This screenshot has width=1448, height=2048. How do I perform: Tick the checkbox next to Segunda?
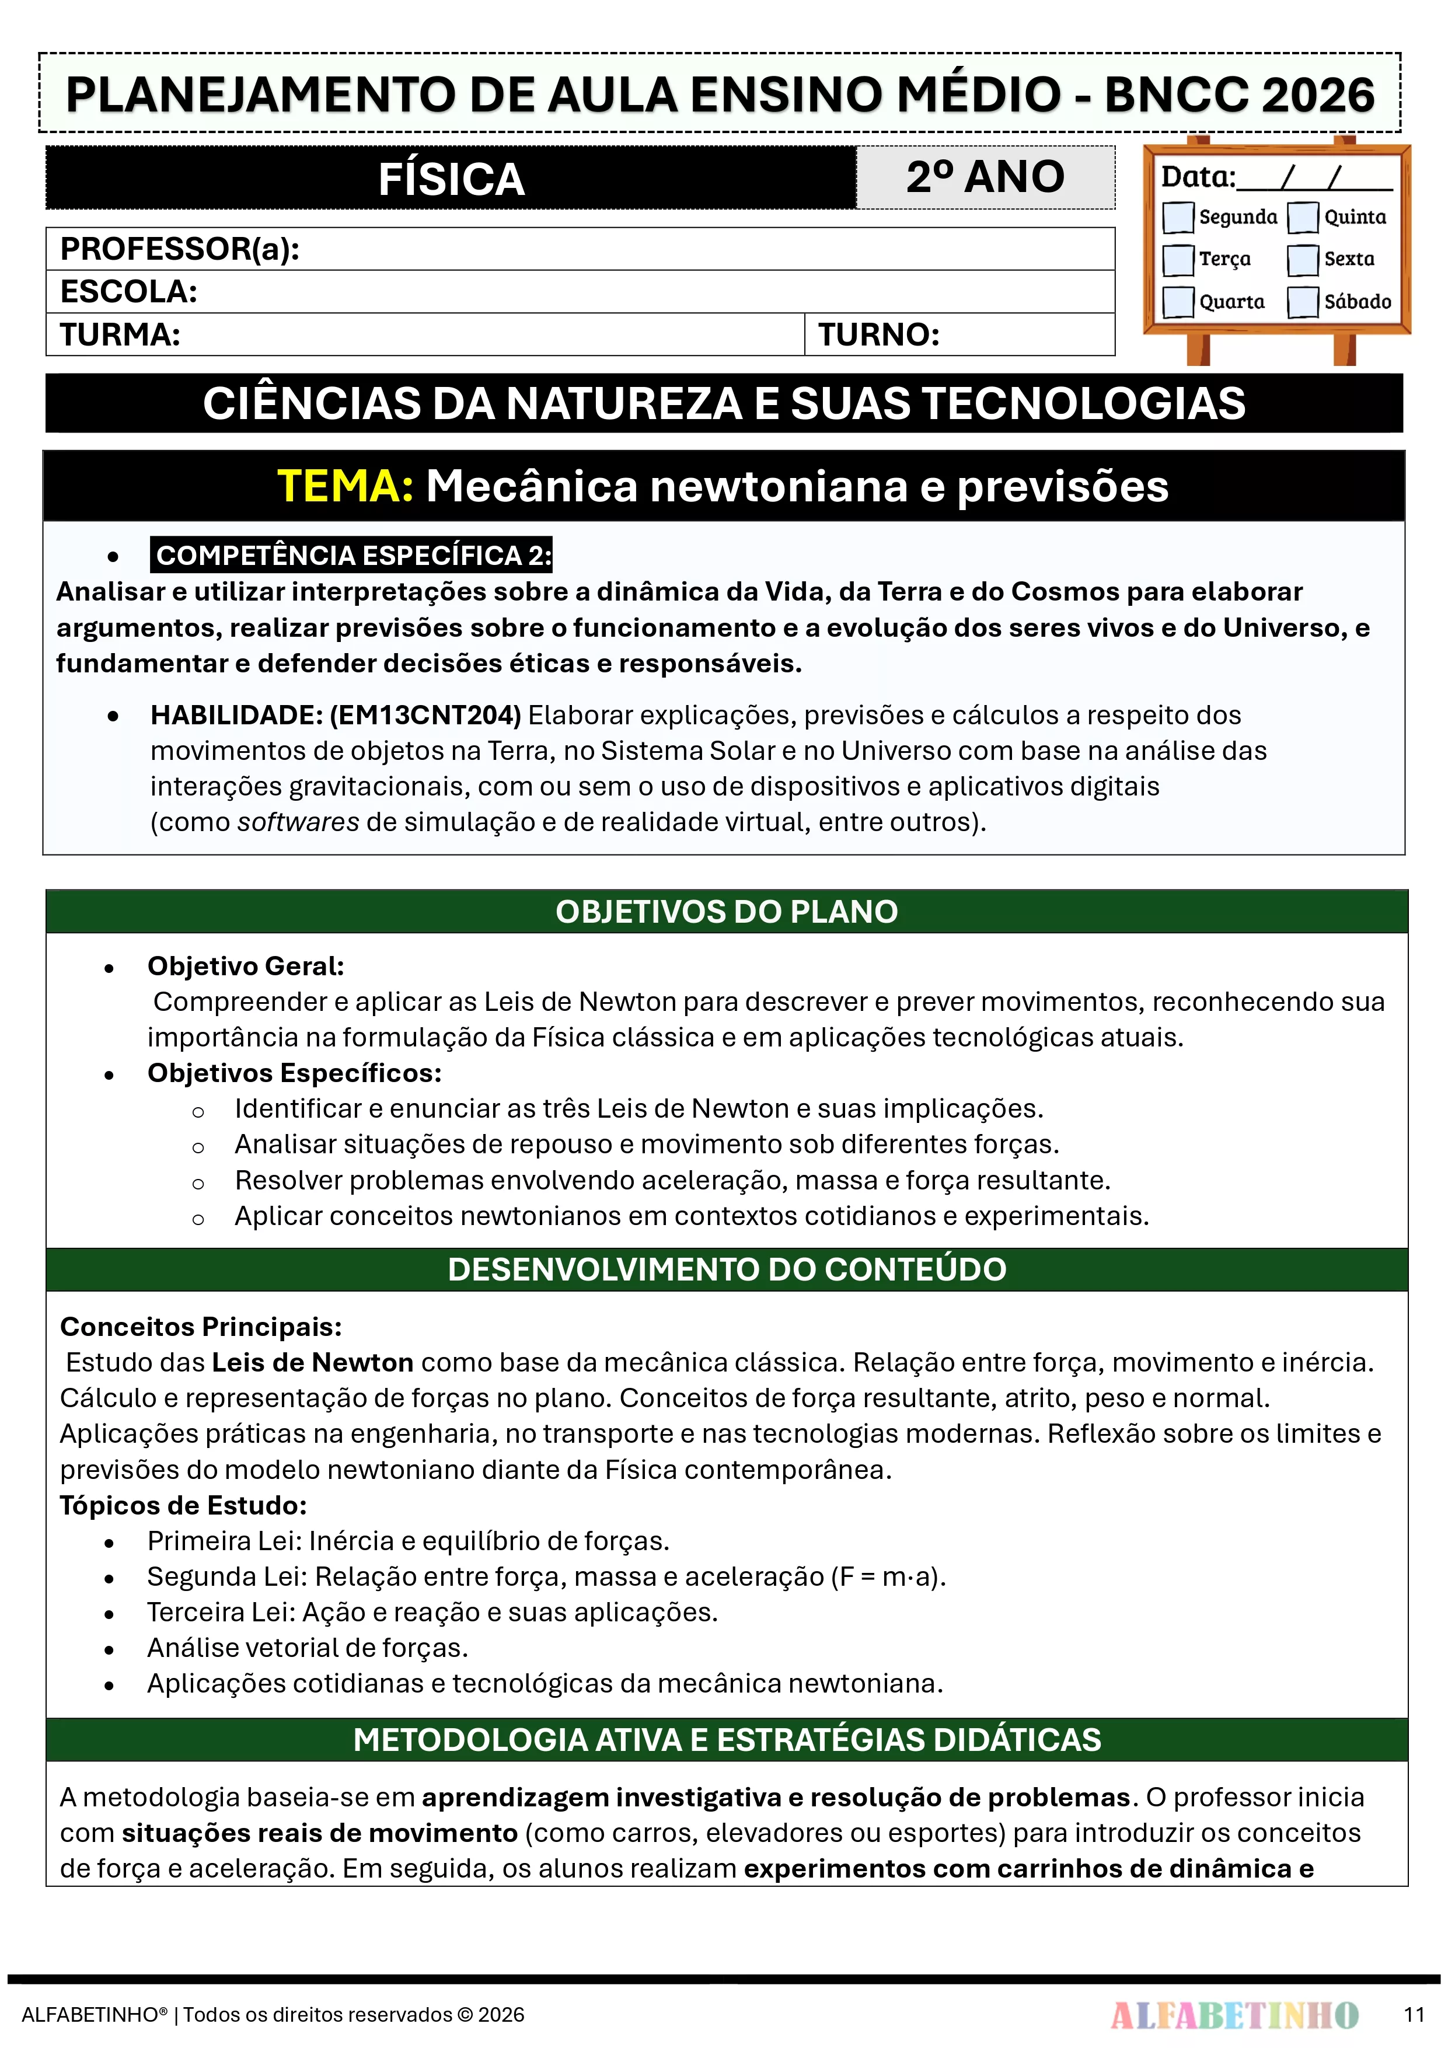click(x=1178, y=217)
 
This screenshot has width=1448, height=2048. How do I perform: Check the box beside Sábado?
click(x=1303, y=302)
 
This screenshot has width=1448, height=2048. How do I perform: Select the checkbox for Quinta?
click(x=1303, y=217)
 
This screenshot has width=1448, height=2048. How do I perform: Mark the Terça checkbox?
click(x=1178, y=260)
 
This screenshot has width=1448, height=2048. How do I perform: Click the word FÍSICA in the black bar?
click(x=451, y=179)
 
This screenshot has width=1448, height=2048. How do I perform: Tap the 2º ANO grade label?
click(x=985, y=177)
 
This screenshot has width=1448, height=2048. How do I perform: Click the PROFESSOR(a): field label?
click(x=179, y=249)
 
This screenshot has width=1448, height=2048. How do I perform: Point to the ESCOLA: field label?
click(x=128, y=292)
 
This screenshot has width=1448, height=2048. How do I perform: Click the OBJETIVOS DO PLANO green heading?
click(x=726, y=912)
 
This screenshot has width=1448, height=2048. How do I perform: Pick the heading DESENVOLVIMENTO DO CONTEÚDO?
click(x=726, y=1269)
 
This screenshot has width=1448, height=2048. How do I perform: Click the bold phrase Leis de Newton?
click(x=312, y=1362)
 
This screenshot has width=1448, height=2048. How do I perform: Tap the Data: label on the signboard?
click(x=1197, y=177)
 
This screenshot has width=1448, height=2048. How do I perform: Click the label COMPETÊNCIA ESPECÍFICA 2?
click(x=353, y=555)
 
